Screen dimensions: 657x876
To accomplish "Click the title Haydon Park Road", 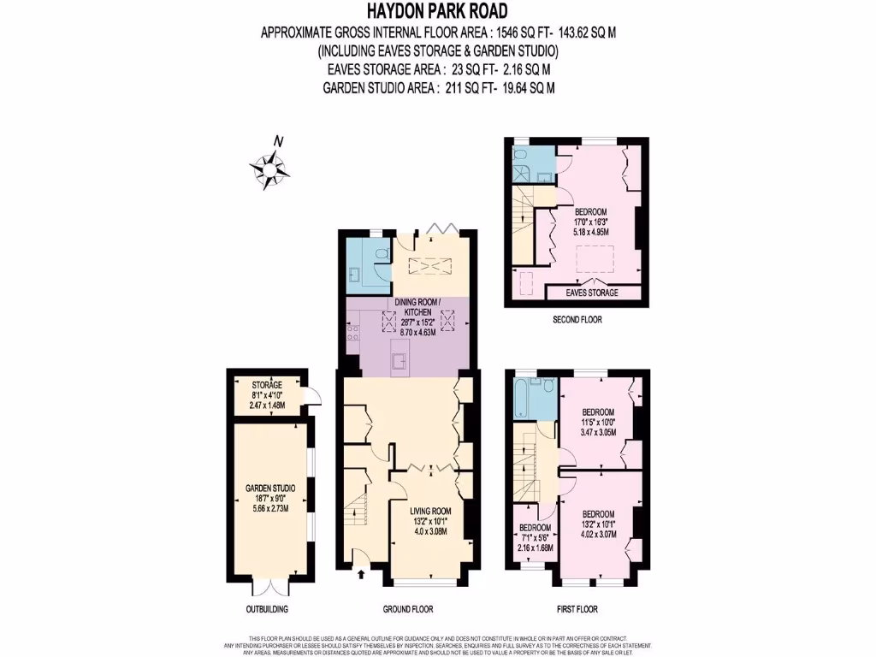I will point(437,11).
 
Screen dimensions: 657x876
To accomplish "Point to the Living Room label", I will point(431,512).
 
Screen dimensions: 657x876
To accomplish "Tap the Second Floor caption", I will point(578,320).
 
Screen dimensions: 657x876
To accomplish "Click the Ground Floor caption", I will point(407,610).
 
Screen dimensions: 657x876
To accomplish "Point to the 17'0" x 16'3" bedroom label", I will point(590,221).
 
